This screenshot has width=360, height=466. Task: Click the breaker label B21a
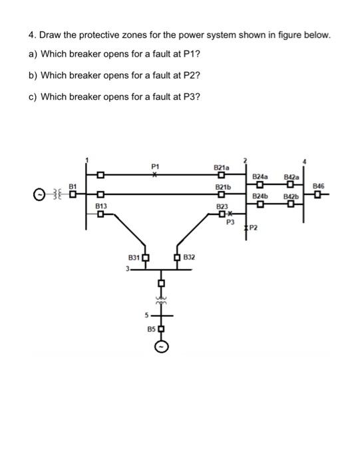[222, 168]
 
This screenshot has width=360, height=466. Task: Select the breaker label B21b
[222, 188]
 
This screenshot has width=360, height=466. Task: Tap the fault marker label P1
[155, 166]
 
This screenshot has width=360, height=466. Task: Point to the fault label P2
[254, 228]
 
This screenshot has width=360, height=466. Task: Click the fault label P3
[231, 222]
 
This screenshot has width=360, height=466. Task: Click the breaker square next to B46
[319, 195]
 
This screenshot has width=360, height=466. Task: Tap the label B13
[101, 207]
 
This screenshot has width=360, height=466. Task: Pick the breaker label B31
[134, 258]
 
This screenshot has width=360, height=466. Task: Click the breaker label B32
[188, 257]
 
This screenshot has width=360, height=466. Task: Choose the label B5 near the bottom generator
[150, 329]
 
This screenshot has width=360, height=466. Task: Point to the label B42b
[291, 197]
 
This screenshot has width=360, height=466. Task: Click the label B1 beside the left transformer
[74, 187]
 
